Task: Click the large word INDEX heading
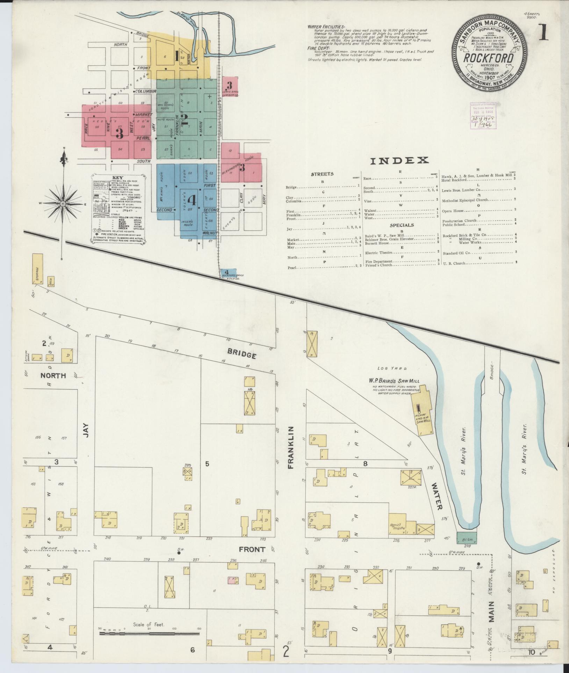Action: coord(399,161)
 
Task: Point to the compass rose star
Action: coord(63,203)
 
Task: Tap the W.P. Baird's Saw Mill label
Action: coord(392,381)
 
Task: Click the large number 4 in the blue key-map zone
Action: coord(191,200)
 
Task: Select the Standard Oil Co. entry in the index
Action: coord(456,252)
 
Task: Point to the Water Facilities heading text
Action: coord(326,27)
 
